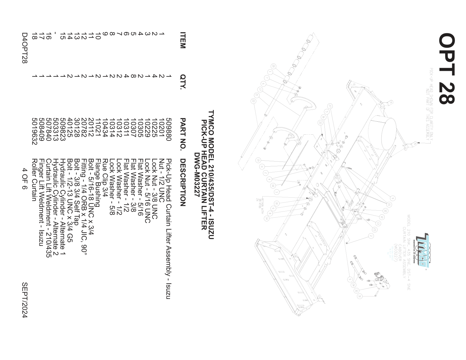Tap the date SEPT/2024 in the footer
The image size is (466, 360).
pyautogui.click(x=25, y=300)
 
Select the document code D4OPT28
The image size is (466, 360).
pyautogui.click(x=25, y=48)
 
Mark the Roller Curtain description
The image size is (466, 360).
pyautogui.click(x=34, y=180)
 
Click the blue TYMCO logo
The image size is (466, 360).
pyautogui.click(x=422, y=250)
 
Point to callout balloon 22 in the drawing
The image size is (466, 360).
pyautogui.click(x=253, y=101)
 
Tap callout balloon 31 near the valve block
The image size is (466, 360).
pyautogui.click(x=360, y=296)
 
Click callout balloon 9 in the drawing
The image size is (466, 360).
pyautogui.click(x=392, y=198)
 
